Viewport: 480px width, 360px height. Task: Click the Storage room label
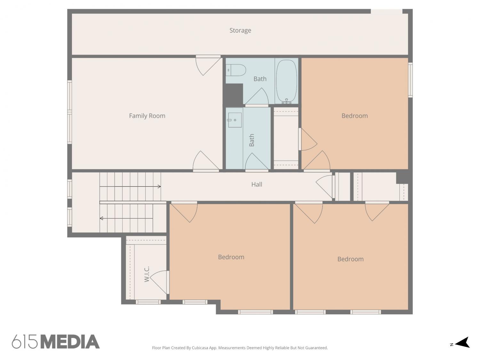[240, 30]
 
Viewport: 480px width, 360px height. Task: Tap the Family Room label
[147, 116]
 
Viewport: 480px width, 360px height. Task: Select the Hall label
[257, 185]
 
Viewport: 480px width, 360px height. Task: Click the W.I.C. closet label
[147, 274]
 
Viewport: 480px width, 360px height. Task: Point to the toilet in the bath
[236, 70]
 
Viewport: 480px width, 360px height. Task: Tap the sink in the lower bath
[235, 120]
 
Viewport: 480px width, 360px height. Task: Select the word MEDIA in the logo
[70, 342]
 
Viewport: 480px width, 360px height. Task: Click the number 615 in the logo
[25, 342]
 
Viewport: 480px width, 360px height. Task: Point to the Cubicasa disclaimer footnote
[240, 348]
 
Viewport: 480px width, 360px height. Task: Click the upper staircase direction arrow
[130, 187]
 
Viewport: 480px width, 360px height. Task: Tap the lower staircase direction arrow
[126, 218]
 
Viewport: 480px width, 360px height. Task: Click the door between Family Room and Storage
[208, 65]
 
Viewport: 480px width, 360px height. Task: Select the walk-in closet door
[159, 282]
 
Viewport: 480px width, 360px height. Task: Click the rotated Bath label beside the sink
[252, 140]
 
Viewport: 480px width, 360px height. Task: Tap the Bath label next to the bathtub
[260, 79]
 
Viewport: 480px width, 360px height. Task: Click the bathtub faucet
[286, 101]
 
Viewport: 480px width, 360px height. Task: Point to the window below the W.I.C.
[148, 302]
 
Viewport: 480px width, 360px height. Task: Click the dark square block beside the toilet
[234, 94]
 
